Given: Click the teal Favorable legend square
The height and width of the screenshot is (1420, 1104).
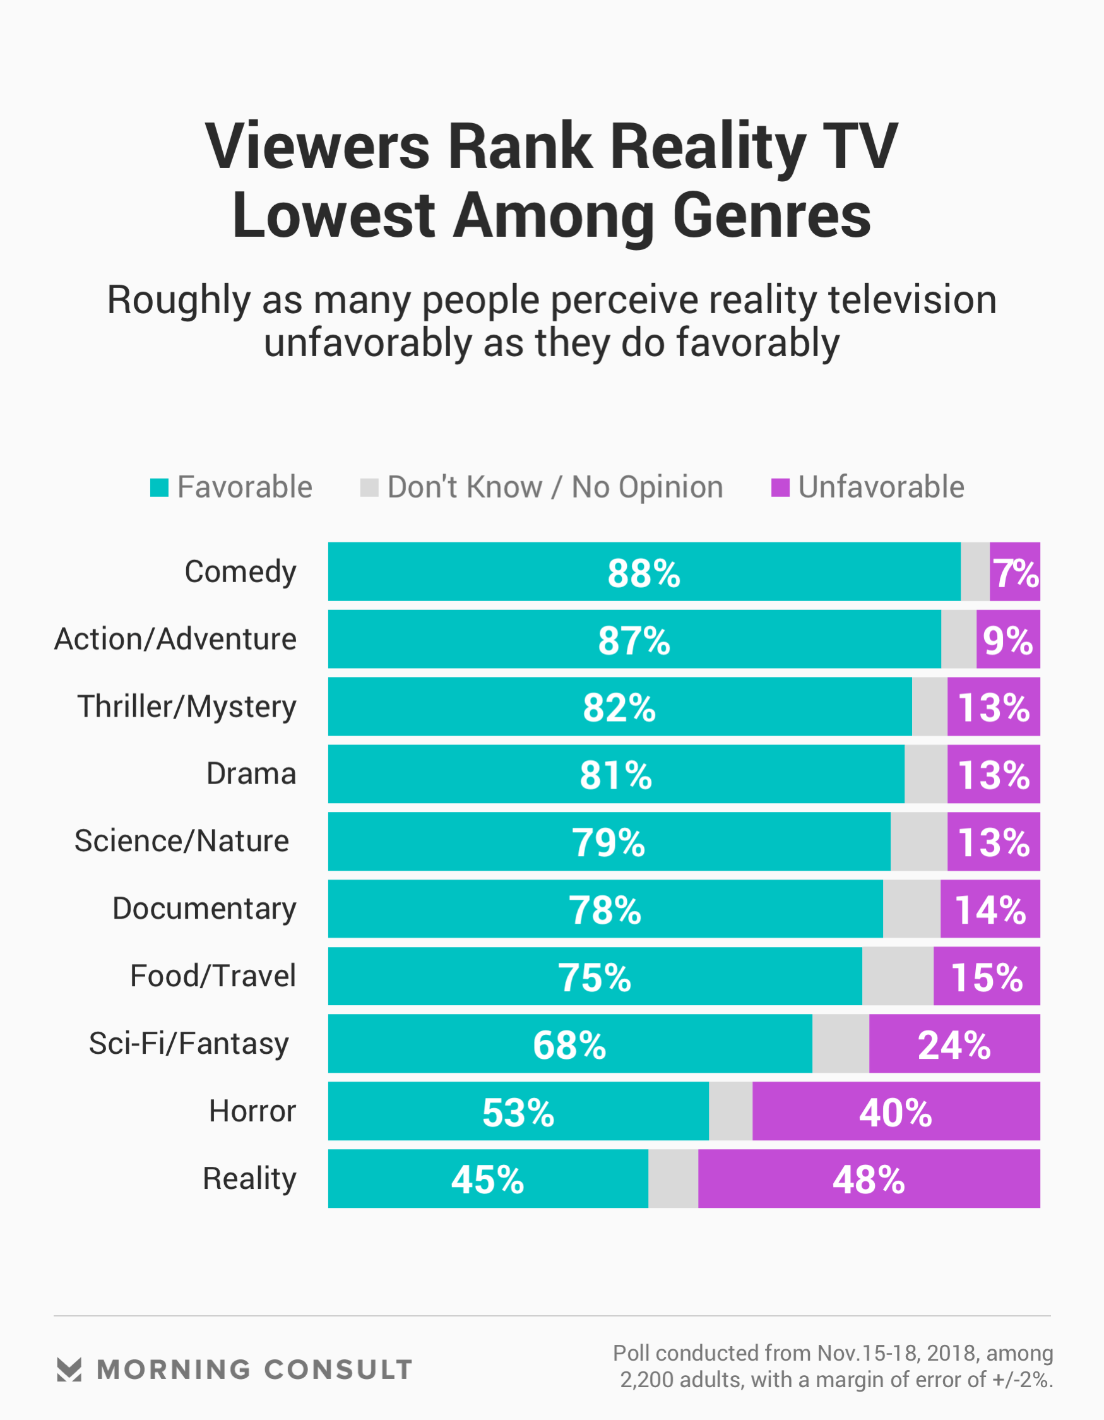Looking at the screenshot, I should coord(159,487).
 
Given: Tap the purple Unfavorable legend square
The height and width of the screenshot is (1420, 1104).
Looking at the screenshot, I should coord(780,487).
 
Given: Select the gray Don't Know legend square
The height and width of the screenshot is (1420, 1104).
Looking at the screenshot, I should coord(369,487).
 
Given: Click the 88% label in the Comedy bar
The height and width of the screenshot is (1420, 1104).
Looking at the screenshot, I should coord(644,573).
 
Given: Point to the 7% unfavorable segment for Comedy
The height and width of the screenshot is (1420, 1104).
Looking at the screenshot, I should coord(1015,572).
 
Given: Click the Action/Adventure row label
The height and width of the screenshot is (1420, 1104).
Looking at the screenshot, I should coord(175,639).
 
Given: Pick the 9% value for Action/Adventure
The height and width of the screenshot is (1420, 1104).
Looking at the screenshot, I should coord(1008,640).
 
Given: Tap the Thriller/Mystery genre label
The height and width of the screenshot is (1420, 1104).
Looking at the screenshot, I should coord(187,707).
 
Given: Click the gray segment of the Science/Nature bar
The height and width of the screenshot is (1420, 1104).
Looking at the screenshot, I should coord(918,842).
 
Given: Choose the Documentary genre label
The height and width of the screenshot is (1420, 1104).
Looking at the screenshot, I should coord(204,909).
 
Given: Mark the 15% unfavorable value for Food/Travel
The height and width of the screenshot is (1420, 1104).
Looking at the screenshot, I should coord(987,977).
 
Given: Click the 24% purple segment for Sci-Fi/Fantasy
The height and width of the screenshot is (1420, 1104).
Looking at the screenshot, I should coord(954,1044).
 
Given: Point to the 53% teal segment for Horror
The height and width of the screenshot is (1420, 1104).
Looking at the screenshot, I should coord(518,1112).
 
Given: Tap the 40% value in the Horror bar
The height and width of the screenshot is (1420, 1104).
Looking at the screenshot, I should coord(895,1113).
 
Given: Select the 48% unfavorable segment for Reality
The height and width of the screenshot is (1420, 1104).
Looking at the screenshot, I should coord(869,1179).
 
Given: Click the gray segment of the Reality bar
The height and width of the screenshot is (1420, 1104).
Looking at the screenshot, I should coord(673,1179).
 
